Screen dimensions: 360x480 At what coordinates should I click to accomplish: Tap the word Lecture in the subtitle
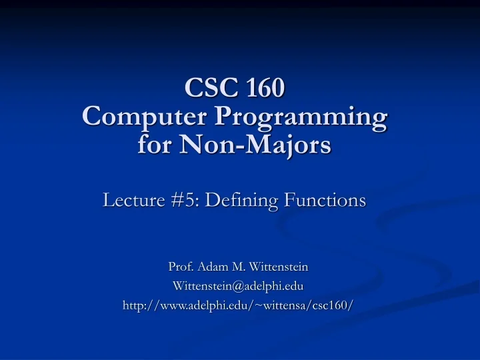click(x=129, y=200)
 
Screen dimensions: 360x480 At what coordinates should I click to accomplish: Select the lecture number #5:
click(x=181, y=200)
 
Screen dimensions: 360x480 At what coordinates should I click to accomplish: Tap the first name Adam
click(x=214, y=267)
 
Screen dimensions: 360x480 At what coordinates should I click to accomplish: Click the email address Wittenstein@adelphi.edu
click(x=238, y=286)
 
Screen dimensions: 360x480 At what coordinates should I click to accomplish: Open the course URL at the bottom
click(x=238, y=305)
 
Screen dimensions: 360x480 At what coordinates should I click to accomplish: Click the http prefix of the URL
click(x=135, y=305)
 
